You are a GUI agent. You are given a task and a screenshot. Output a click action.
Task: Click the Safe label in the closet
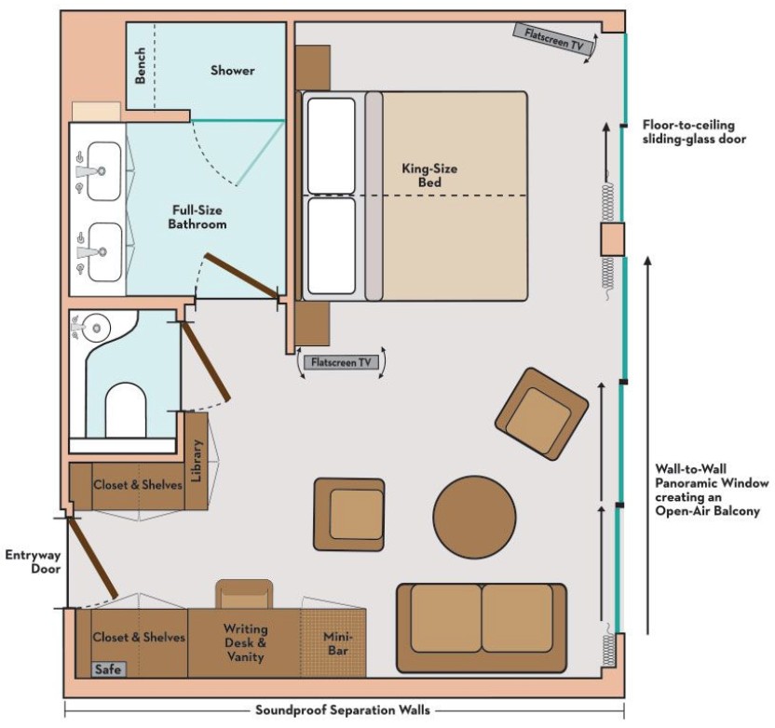point(108,669)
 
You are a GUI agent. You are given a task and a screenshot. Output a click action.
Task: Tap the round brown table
point(474,517)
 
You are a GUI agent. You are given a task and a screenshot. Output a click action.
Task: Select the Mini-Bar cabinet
point(333,643)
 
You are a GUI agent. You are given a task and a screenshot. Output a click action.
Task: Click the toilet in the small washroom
point(126,410)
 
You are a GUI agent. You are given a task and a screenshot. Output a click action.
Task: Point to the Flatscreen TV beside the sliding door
point(553,38)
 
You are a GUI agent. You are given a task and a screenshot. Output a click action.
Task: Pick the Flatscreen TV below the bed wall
point(341,362)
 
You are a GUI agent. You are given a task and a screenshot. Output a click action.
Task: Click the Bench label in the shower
point(141,66)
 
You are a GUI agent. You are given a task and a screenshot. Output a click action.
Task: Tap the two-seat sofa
point(482,627)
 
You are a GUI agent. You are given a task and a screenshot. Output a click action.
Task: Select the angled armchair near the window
point(542,414)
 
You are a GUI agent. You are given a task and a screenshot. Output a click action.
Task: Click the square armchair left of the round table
point(349,514)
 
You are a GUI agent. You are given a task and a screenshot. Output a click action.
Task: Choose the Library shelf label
point(197,461)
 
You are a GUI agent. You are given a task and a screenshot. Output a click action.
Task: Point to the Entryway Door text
point(34,561)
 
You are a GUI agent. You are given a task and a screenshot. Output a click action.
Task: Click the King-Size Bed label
point(429,175)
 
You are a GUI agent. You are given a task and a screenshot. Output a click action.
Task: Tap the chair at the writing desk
point(244,594)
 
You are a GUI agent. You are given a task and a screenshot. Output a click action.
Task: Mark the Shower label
point(233,70)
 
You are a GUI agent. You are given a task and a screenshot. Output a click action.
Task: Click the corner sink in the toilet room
point(96,327)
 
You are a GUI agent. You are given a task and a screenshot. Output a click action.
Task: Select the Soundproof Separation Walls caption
point(343,710)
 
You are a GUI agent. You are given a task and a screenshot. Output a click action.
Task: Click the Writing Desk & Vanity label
point(245,642)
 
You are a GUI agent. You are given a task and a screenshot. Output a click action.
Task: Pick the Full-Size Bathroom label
point(197,217)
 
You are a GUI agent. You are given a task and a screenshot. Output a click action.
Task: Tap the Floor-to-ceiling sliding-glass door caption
point(694,132)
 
